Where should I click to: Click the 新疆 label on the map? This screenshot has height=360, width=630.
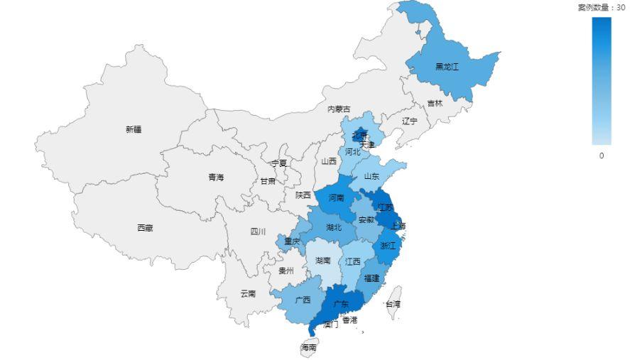tap(134, 129)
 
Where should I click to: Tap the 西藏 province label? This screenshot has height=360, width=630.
tap(145, 228)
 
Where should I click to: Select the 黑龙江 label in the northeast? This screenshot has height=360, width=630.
tap(447, 67)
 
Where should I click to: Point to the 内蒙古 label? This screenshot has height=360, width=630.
tap(339, 109)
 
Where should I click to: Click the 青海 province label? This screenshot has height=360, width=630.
tap(216, 178)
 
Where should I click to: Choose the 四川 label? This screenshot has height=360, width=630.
tap(258, 231)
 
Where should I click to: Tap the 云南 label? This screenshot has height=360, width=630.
tap(248, 293)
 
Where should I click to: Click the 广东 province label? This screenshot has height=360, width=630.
tap(342, 304)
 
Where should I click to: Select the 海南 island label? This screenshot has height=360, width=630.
tap(308, 348)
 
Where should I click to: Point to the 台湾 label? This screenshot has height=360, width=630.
tap(393, 304)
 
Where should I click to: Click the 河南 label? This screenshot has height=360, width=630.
tap(336, 198)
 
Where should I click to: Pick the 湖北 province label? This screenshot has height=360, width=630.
tap(333, 228)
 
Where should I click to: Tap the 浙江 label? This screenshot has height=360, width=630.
tap(388, 246)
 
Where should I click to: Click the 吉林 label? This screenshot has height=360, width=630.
tap(435, 104)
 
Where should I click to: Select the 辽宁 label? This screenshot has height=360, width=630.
tap(410, 121)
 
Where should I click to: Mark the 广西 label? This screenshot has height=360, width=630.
tap(303, 300)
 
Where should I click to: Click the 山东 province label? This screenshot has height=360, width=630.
tap(371, 176)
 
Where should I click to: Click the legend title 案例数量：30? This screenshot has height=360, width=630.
tap(601, 7)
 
